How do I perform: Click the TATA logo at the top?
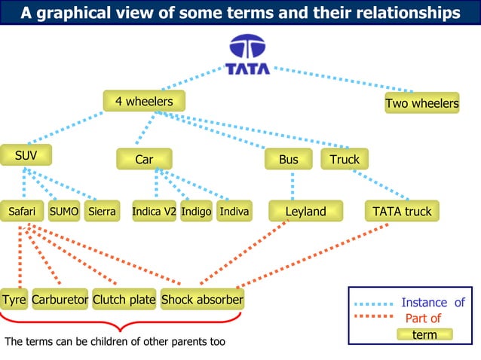tap(247, 53)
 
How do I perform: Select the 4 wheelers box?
tap(144, 102)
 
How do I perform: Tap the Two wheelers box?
tap(421, 103)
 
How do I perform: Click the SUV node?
tap(26, 155)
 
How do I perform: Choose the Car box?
tap(144, 160)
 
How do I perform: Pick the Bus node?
tap(288, 160)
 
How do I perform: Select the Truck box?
tap(345, 160)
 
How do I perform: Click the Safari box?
tap(22, 212)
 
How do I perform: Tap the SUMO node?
tap(64, 212)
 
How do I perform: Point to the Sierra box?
tap(102, 212)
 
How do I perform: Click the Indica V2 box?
tap(155, 212)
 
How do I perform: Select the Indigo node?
tap(196, 212)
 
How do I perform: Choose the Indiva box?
tap(234, 212)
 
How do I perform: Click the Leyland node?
tap(305, 212)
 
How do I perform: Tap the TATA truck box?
tap(402, 212)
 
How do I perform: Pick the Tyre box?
tap(14, 300)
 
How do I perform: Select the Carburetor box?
tap(60, 300)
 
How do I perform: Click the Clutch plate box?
tap(124, 300)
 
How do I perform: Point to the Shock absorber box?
tap(203, 300)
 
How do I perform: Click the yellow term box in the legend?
tap(425, 334)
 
